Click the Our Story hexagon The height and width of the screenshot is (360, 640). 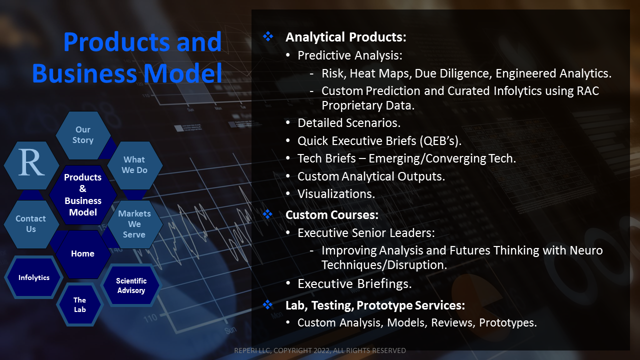click(x=83, y=135)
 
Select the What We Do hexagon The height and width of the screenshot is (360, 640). click(x=134, y=165)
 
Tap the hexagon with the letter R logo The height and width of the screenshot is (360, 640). click(x=31, y=165)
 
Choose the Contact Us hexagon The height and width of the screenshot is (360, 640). click(x=31, y=224)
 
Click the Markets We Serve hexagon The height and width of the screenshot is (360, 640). click(x=134, y=224)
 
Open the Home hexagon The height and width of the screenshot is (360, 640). click(x=83, y=254)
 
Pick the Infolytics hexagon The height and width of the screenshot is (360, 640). click(x=33, y=277)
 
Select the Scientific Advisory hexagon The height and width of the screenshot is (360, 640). click(x=131, y=285)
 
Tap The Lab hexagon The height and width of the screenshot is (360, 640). click(x=79, y=304)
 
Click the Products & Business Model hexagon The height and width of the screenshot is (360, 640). click(x=83, y=195)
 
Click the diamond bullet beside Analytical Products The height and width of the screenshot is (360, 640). click(x=268, y=36)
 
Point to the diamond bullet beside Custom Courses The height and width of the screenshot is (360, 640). click(x=267, y=214)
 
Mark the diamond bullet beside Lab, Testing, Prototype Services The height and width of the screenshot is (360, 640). click(x=267, y=304)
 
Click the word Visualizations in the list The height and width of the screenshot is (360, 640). click(x=336, y=194)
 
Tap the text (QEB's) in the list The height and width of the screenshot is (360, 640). click(x=440, y=141)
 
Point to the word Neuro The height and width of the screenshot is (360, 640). click(x=586, y=250)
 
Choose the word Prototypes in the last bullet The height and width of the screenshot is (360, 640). click(x=508, y=323)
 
